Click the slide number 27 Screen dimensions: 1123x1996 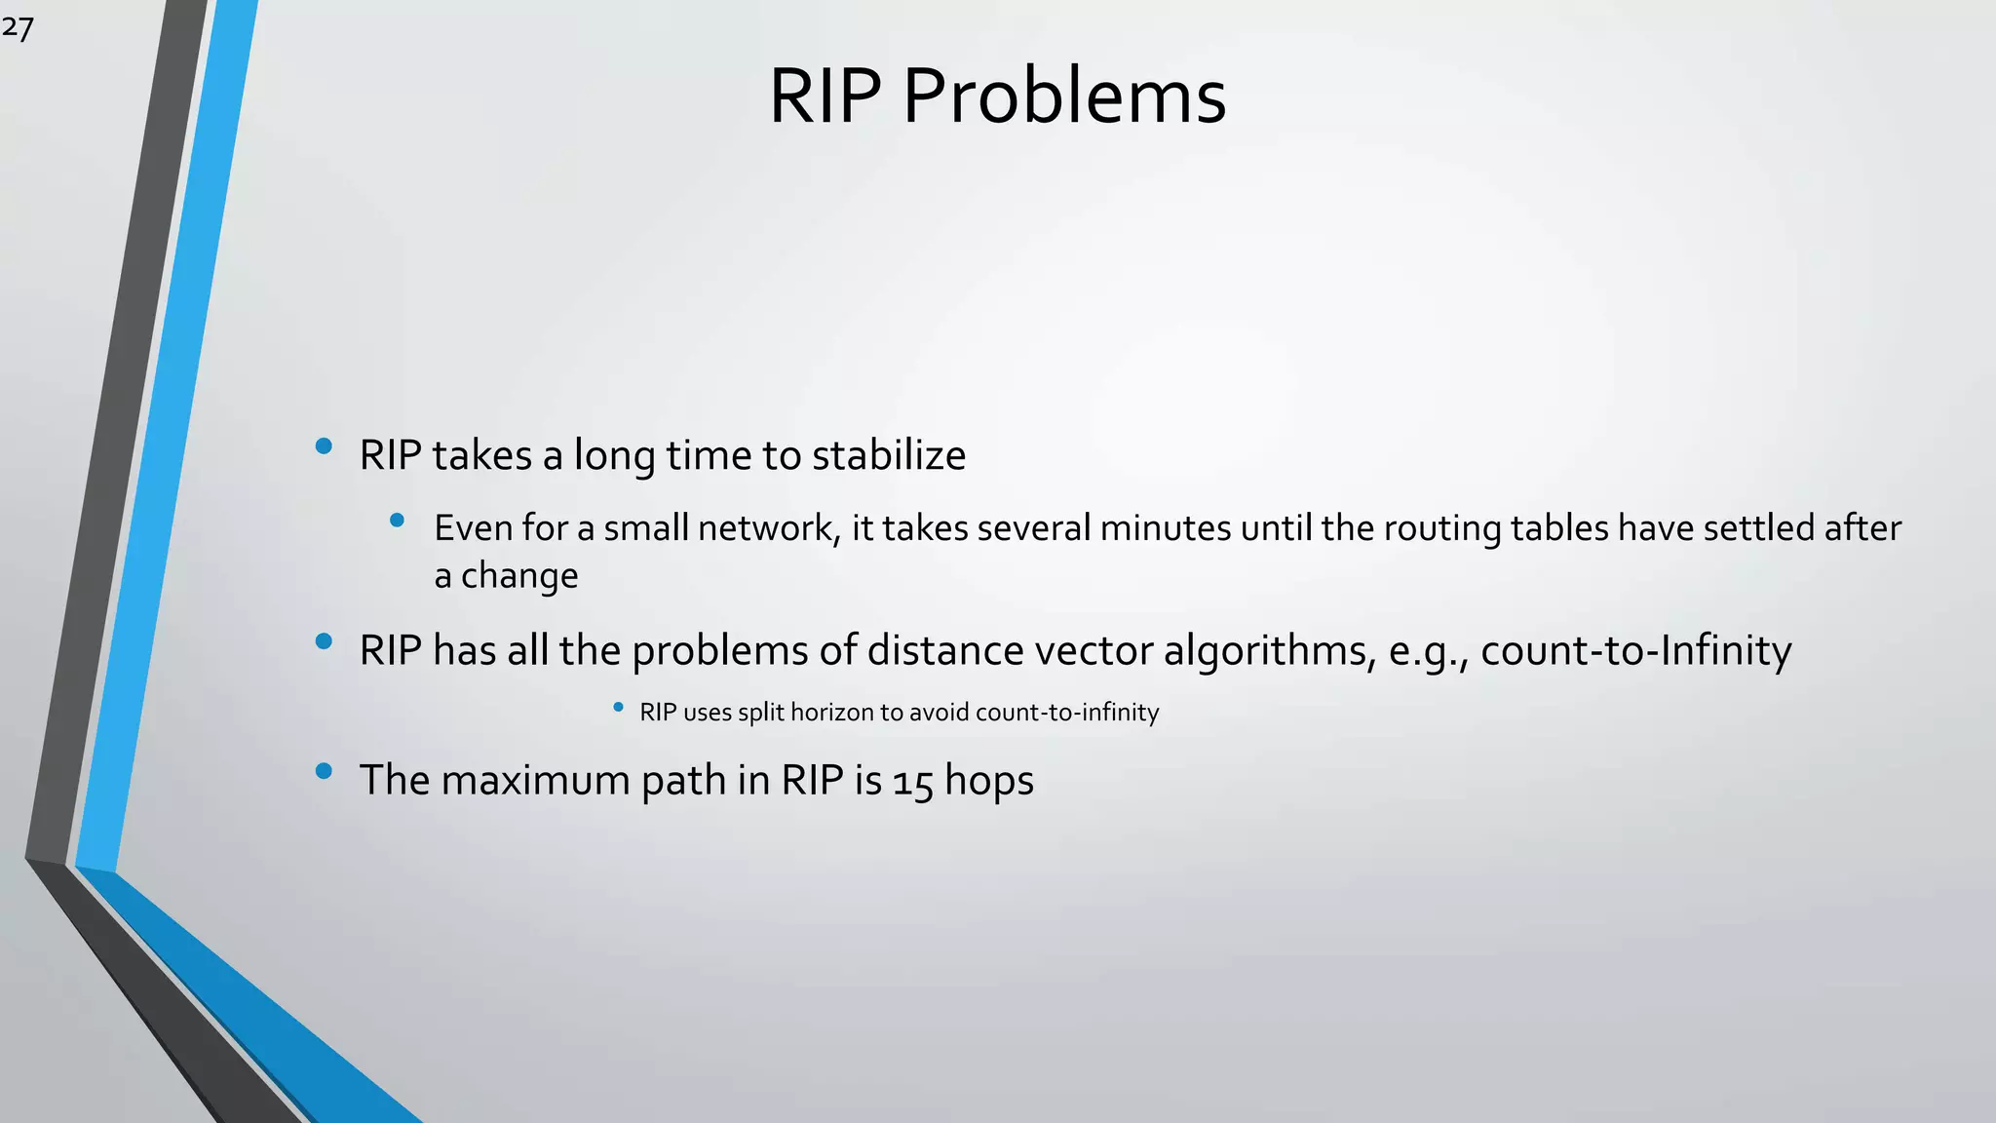[18, 27]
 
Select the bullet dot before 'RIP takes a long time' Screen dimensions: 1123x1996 [325, 447]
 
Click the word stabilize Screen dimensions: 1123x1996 [888, 455]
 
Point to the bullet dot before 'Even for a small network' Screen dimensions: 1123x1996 [397, 521]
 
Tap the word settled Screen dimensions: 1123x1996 [1759, 527]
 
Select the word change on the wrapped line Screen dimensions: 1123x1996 [518, 576]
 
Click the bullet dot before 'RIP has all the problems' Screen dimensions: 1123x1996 [325, 641]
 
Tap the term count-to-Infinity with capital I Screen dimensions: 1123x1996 [1635, 650]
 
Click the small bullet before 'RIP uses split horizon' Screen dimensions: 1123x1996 [618, 708]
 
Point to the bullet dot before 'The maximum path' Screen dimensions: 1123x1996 [325, 772]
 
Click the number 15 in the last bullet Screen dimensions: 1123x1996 [912, 782]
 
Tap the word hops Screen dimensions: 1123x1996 [988, 782]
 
